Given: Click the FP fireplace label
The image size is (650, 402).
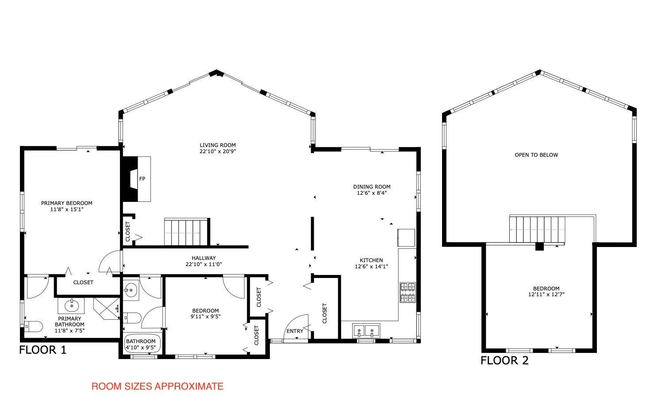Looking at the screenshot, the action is [x=142, y=179].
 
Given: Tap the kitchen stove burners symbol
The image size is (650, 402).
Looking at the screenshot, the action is [x=408, y=292].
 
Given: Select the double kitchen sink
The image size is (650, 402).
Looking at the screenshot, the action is [x=366, y=331].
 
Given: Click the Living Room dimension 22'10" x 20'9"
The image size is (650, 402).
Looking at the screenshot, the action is [x=218, y=151].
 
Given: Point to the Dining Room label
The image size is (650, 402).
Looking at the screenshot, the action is [x=372, y=187].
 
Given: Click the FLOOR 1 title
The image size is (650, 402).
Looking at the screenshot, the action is [x=43, y=350].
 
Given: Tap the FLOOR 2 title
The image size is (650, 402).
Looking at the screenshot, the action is [x=504, y=360].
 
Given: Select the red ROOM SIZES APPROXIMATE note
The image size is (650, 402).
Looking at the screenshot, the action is [x=157, y=387].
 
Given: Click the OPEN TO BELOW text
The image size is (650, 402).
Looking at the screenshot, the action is [x=536, y=155].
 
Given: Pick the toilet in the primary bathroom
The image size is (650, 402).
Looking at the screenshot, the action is [x=33, y=326].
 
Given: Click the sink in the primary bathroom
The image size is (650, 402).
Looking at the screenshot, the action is [x=71, y=305].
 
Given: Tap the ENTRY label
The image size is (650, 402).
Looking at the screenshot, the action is [x=295, y=331].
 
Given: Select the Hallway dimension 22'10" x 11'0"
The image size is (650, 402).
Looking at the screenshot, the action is [x=204, y=264].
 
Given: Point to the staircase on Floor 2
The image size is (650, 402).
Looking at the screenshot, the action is [x=537, y=229].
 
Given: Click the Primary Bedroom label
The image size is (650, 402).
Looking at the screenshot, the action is [x=67, y=203].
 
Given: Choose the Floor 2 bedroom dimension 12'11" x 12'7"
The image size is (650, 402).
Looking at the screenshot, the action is [x=546, y=294].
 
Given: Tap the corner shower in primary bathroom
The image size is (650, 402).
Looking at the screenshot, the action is [x=107, y=308].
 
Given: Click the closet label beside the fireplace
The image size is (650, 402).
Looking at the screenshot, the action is [x=128, y=232].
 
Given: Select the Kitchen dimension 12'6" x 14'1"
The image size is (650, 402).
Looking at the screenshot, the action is [x=371, y=266].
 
